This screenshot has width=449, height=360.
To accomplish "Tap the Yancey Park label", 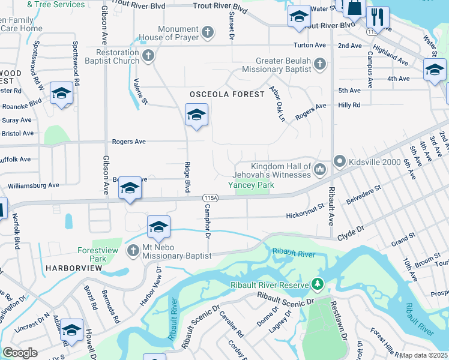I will [251, 185].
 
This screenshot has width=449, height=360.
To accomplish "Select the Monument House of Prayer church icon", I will [207, 32].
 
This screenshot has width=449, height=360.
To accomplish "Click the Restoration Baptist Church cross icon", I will [148, 56].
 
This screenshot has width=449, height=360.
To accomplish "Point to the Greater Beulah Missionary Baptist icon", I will [321, 64].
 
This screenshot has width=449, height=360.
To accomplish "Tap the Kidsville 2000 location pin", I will [340, 161].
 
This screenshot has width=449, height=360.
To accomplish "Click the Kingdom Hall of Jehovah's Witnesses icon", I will [320, 170].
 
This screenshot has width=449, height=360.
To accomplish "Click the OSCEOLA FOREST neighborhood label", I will [227, 95].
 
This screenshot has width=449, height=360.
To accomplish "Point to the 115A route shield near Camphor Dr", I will [211, 197].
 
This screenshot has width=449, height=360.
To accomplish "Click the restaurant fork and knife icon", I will [378, 16].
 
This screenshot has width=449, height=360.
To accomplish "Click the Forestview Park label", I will [92, 254].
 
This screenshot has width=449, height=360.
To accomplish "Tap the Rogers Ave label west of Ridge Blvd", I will [129, 142].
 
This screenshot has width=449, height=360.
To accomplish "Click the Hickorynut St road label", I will [305, 214].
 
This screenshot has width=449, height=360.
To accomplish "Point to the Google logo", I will [19, 353].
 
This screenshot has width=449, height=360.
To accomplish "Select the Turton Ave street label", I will [310, 46].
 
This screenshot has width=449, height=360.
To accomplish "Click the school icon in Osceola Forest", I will [196, 115].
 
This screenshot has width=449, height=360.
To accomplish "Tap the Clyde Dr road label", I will [351, 230].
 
